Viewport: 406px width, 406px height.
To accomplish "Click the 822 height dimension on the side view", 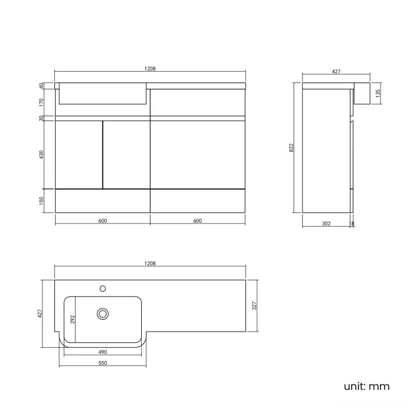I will click(x=291, y=147).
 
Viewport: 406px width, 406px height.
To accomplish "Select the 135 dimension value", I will click(x=377, y=93).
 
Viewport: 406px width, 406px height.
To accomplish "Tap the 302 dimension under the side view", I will click(x=326, y=224).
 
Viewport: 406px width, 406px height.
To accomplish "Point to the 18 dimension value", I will click(x=352, y=224).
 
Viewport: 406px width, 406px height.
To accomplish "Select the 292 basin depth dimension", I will click(x=72, y=319).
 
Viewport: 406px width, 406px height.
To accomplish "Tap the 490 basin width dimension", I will click(x=102, y=352).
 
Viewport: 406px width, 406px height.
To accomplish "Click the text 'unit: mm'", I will click(x=366, y=386).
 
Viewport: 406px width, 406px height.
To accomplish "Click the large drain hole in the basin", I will click(x=102, y=312).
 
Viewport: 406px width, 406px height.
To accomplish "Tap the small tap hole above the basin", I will click(x=102, y=289).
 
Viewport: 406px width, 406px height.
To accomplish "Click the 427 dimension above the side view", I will click(x=335, y=72).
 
